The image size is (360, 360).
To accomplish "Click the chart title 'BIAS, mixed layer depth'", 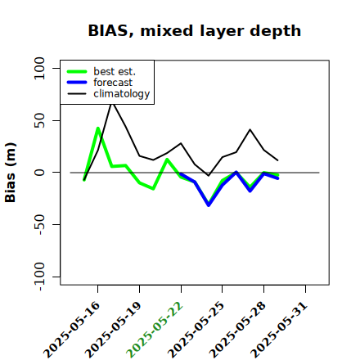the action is pos(195,31).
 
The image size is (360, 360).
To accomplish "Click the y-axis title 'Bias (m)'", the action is pos(11,173).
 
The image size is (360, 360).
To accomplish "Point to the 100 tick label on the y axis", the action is pos(39,68).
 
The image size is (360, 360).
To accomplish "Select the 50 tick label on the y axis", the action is pos(39,120).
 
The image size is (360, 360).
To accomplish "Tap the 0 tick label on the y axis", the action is pos(39,173).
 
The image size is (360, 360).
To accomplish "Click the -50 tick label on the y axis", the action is pos(39,224).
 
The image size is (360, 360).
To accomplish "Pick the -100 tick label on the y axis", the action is pos(39,277).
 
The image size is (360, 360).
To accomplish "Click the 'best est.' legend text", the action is pos(115,71).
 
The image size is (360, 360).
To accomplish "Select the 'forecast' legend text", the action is pos(113,83).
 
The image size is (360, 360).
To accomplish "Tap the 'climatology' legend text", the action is pos(122,94).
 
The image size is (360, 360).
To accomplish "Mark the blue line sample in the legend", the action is pos(77,83).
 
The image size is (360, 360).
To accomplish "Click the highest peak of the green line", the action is pos(98,128).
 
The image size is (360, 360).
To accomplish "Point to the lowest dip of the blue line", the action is pos(209,205).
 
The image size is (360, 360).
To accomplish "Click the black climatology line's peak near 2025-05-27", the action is pos(250,129).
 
